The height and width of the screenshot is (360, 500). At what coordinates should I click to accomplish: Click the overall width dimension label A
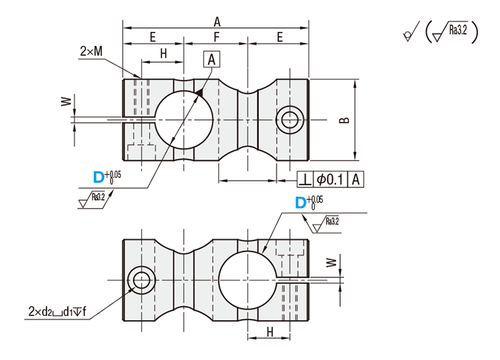[x=217, y=20]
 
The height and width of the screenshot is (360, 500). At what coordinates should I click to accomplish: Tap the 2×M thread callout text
[x=91, y=51]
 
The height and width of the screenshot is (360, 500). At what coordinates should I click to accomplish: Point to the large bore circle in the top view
[x=184, y=120]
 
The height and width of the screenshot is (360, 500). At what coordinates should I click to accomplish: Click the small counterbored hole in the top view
[x=290, y=120]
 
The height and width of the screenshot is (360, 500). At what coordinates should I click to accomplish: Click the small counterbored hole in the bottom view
[x=141, y=280]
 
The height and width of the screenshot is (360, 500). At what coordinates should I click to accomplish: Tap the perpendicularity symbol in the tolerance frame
[x=305, y=179]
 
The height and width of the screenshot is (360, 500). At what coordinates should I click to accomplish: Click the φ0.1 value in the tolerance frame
[x=331, y=179]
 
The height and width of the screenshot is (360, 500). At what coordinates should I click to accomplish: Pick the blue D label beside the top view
[x=98, y=177]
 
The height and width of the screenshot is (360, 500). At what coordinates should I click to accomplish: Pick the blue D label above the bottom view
[x=299, y=202]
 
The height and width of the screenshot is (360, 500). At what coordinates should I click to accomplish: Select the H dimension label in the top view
[x=162, y=55]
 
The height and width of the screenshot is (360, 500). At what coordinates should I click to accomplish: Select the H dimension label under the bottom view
[x=269, y=331]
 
